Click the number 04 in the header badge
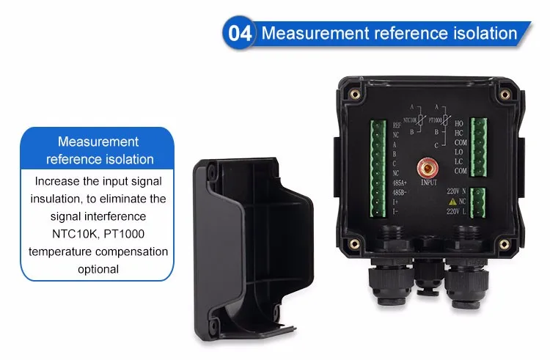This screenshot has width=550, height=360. click(x=241, y=33)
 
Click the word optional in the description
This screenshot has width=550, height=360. click(x=98, y=269)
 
